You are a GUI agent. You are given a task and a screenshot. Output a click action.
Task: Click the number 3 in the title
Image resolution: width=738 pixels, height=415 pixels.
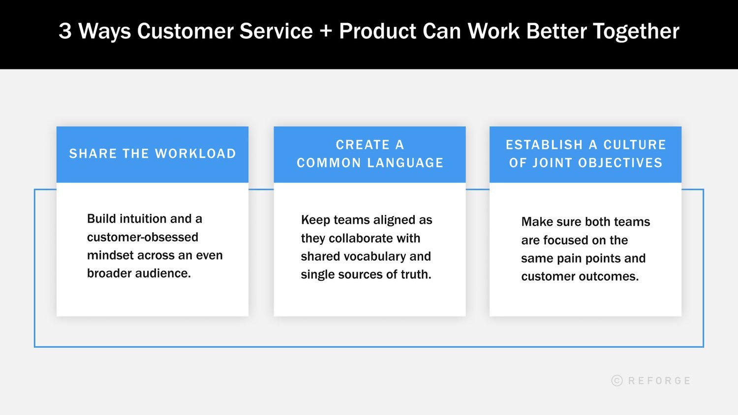coord(65,31)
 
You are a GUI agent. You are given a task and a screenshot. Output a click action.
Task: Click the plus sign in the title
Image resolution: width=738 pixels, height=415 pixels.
coord(325,32)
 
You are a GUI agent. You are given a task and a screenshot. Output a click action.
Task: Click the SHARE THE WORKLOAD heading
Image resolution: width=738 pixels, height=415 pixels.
coord(153,154)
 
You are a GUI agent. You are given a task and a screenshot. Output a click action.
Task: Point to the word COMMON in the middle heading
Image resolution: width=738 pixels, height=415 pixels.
coord(329,163)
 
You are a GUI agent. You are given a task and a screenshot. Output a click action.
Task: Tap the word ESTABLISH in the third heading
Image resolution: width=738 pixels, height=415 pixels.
coord(544,145)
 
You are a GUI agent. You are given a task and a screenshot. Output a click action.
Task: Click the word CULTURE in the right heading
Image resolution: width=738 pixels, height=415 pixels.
coord(635,145)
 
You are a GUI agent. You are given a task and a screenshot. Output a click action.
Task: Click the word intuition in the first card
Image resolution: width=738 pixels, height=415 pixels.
coord(143,219)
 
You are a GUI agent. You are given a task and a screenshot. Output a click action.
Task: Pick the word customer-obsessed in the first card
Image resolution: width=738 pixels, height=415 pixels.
coord(143,237)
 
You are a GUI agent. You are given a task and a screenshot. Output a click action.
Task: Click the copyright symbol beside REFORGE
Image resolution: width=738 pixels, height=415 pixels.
coord(617,381)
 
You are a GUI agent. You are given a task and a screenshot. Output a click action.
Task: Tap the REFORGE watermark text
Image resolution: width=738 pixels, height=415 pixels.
coord(659,381)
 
